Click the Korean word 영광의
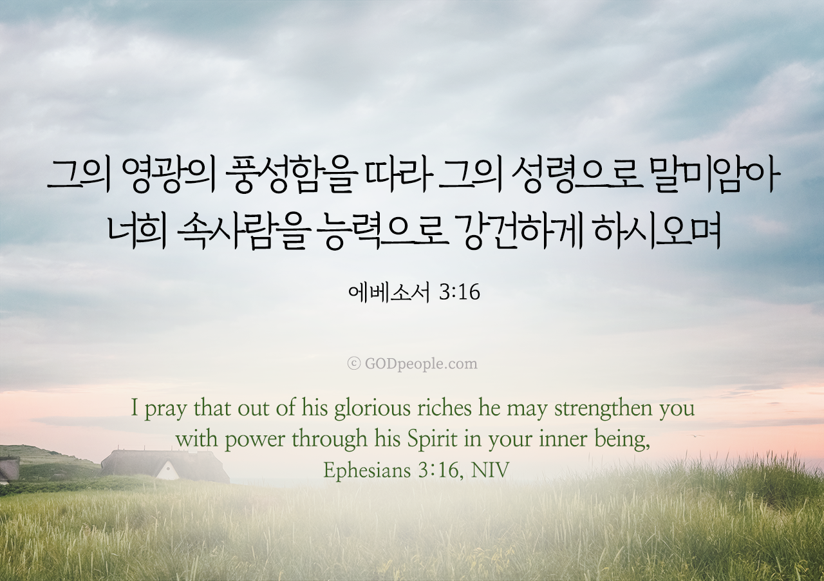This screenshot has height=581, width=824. (168, 176)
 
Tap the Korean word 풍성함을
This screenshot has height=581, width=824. (292, 176)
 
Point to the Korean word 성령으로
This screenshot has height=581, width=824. (576, 176)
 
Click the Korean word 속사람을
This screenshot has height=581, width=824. (242, 233)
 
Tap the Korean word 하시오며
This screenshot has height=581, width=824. (657, 233)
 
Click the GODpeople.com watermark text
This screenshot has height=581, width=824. (421, 364)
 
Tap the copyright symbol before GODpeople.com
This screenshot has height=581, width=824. (354, 364)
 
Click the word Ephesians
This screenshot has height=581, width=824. (367, 471)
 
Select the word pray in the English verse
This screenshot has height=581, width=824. (165, 410)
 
